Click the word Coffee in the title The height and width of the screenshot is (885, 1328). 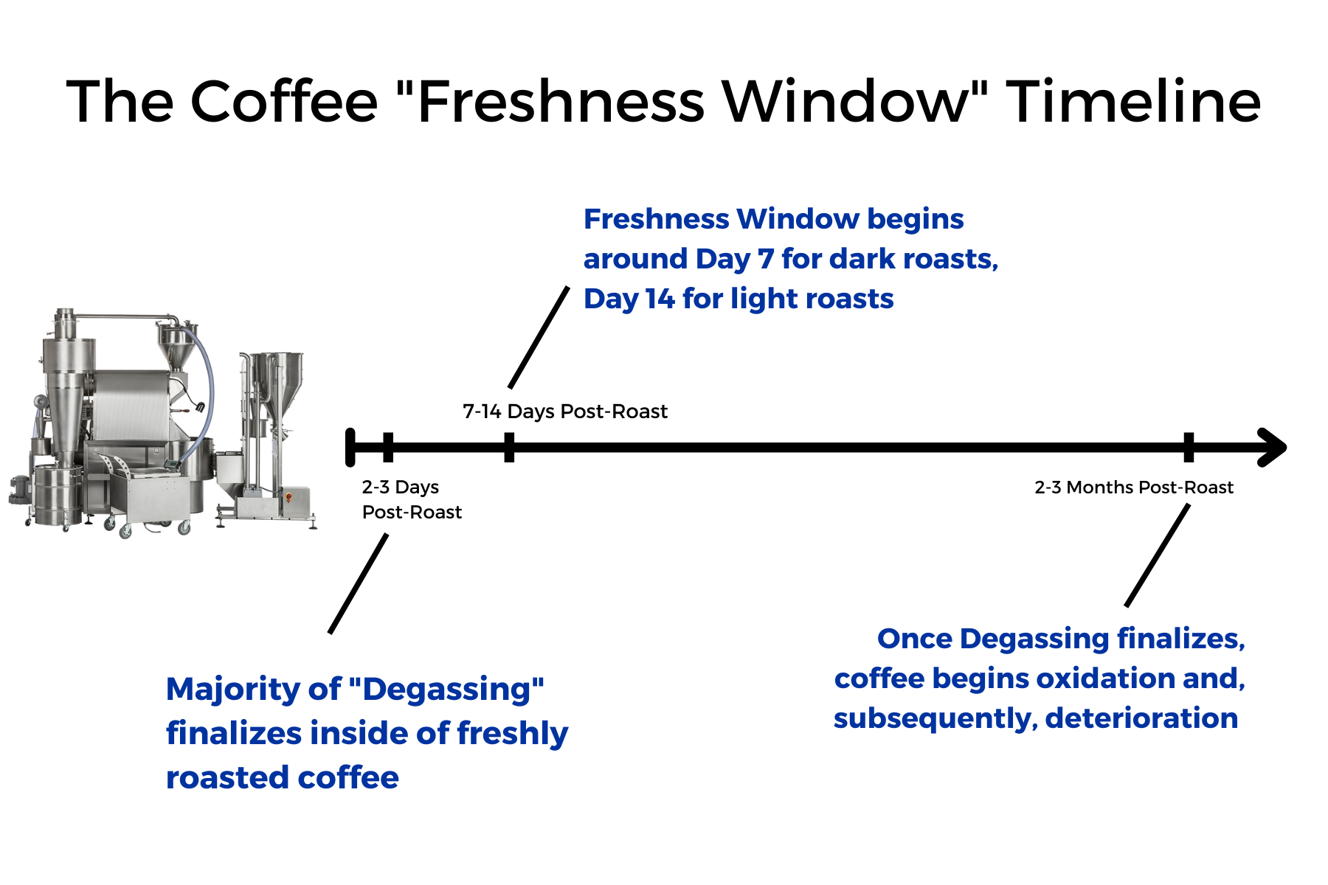click(284, 101)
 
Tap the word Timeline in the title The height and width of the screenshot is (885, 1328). click(1133, 101)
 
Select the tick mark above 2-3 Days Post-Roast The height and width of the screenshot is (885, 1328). click(388, 448)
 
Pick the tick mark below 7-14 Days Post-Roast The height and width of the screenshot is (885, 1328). click(509, 448)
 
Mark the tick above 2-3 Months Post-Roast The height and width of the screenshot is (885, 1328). click(1189, 448)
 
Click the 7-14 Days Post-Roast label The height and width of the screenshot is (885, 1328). click(565, 412)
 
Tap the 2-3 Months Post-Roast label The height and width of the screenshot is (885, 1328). click(1134, 487)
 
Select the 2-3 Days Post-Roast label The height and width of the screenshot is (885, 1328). click(412, 500)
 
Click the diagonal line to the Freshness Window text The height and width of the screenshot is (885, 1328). click(539, 337)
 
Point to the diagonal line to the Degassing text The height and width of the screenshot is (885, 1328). click(359, 583)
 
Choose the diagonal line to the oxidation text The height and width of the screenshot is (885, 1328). click(1158, 555)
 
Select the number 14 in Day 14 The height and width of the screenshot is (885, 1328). click(660, 299)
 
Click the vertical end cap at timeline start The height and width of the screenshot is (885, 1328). click(350, 448)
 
